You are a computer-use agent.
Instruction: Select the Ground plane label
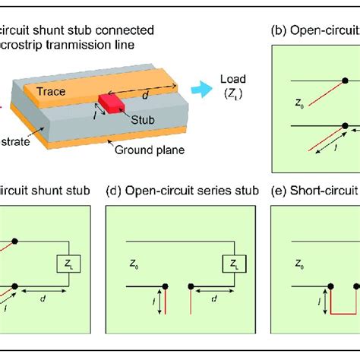coord(146,150)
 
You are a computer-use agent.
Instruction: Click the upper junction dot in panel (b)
coord(344,81)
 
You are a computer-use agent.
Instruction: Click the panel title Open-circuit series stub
coord(182,191)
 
